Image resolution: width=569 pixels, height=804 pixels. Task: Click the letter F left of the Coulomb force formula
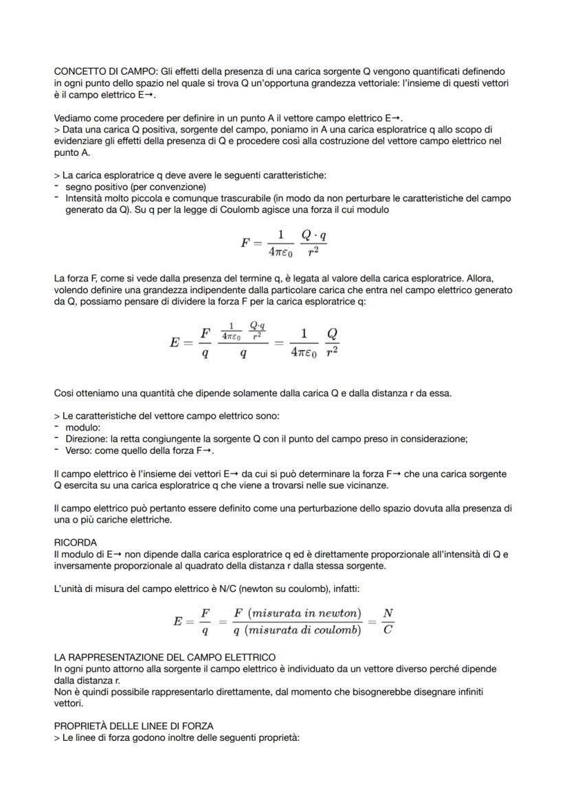(245, 243)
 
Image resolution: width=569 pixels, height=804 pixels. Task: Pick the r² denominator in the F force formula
(313, 253)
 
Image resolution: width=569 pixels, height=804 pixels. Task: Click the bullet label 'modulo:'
(81, 428)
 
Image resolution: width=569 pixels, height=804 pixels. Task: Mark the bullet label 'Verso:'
(80, 450)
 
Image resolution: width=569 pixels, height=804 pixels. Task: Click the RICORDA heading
(75, 542)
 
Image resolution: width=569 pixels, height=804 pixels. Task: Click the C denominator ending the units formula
(388, 630)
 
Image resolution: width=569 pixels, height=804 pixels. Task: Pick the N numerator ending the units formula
(388, 612)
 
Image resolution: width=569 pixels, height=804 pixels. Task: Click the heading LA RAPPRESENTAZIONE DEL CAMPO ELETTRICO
(164, 658)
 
